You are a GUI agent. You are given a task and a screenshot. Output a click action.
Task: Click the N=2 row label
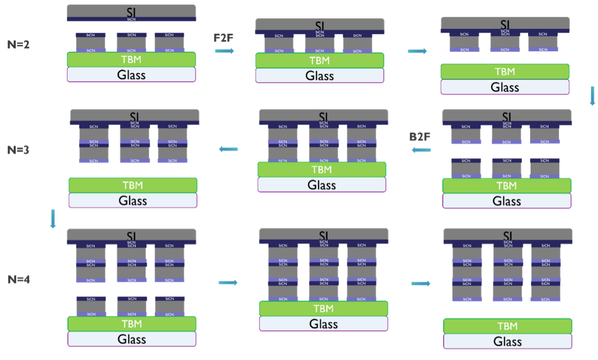pyautogui.click(x=19, y=45)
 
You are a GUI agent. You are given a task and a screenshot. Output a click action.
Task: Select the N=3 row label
pyautogui.click(x=19, y=150)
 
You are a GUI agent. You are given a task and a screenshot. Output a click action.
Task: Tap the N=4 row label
pyautogui.click(x=19, y=280)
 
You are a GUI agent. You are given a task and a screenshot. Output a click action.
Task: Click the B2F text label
pyautogui.click(x=420, y=137)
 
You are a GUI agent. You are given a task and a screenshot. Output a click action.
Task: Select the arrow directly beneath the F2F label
pyautogui.click(x=225, y=50)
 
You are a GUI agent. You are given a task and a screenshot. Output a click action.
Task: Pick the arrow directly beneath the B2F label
pyautogui.click(x=421, y=150)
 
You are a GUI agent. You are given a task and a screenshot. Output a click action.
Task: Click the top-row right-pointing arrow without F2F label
pyautogui.click(x=417, y=51)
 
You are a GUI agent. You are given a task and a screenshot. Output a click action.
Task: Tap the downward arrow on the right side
pyautogui.click(x=592, y=96)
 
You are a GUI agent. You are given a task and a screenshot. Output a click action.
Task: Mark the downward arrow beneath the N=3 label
pyautogui.click(x=53, y=219)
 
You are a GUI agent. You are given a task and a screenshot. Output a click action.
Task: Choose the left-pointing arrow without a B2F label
pyautogui.click(x=228, y=149)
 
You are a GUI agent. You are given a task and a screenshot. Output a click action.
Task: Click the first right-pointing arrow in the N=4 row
pyautogui.click(x=228, y=282)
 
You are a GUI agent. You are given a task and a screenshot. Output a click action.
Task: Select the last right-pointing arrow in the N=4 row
pyautogui.click(x=421, y=283)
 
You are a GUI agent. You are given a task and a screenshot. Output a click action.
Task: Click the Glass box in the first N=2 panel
pyautogui.click(x=131, y=74)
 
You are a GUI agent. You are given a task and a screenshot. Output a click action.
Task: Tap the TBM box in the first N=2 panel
pyautogui.click(x=131, y=59)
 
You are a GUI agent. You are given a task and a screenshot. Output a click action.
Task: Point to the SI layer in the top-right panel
pyautogui.click(x=505, y=23)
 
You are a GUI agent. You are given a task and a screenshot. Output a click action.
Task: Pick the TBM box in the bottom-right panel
pyautogui.click(x=507, y=326)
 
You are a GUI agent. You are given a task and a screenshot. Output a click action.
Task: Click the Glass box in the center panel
pyautogui.click(x=322, y=185)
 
